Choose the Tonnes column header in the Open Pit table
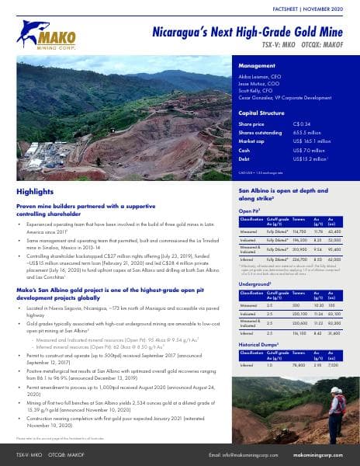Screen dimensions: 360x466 coord(299,220)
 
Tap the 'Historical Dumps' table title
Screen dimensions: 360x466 coord(260,342)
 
